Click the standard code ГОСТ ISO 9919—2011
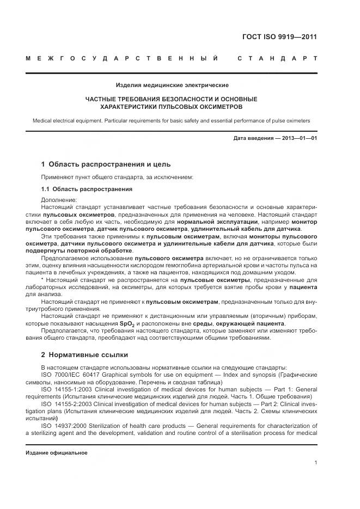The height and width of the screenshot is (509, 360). [x=279, y=38]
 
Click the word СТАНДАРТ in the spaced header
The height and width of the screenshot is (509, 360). [x=277, y=58]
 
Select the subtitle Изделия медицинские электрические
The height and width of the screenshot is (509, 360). [x=172, y=85]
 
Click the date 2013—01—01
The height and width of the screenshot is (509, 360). [x=300, y=139]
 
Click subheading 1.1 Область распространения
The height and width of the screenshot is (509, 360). [x=87, y=189]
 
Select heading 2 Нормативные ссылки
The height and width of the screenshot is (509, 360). [x=84, y=355]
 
